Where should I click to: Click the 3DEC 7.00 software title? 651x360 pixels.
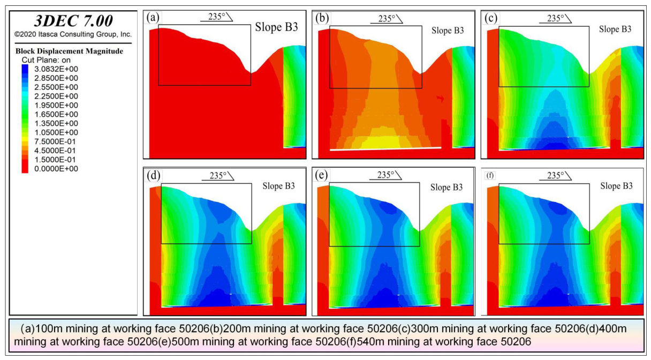pos(73,21)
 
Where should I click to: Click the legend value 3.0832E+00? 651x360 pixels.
pos(56,69)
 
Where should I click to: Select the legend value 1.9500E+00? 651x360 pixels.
pos(56,105)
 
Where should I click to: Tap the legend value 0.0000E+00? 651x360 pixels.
pos(56,169)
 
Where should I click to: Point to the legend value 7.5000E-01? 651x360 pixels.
pos(55,141)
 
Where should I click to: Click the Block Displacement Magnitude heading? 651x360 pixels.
pos(69,51)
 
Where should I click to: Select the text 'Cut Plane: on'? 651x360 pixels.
pos(46,60)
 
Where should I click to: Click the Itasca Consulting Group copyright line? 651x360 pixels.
pos(73,34)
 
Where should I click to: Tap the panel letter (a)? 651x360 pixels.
pos(153,18)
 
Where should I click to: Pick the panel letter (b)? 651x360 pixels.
pos(322,18)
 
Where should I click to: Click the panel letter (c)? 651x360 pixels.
pos(491,18)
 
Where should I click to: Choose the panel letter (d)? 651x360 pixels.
pos(154,175)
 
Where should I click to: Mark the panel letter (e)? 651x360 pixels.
pos(321,175)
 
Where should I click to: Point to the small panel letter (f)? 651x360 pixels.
pos(490,176)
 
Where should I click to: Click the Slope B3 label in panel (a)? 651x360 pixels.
pos(276,27)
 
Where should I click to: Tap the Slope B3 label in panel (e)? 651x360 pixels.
pos(446,187)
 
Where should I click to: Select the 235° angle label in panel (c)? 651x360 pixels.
pos(555,18)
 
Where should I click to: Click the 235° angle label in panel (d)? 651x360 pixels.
pos(218,176)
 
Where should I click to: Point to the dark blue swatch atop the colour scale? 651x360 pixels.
pos(25,69)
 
